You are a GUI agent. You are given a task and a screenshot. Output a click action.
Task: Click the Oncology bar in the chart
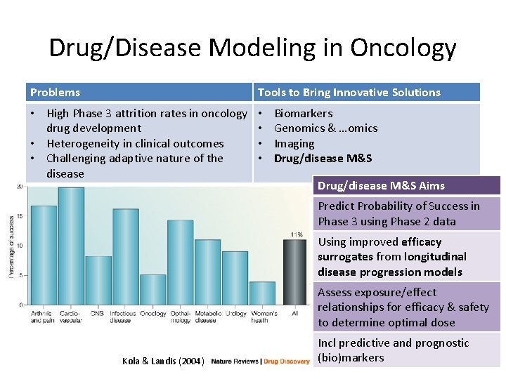point(153,289)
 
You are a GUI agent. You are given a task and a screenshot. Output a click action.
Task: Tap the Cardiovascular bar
point(71,246)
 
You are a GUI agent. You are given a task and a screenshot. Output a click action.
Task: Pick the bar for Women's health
point(262,293)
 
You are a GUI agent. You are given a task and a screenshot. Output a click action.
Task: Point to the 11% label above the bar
point(295,234)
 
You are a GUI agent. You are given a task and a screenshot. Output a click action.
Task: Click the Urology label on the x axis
point(235,313)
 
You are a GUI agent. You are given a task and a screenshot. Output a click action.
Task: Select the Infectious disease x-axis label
point(123,317)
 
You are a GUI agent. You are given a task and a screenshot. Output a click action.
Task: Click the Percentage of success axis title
point(11,246)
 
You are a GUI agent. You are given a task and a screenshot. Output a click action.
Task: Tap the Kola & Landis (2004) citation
point(163,361)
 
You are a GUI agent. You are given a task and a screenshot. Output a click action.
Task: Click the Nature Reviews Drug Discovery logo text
point(260,361)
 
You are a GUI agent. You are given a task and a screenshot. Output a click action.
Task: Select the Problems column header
point(55,92)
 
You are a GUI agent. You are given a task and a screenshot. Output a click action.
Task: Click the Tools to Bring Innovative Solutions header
point(349,92)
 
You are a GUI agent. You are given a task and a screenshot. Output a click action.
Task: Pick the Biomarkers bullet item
point(303,113)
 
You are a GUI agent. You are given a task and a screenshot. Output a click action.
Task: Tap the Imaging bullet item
point(294,143)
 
